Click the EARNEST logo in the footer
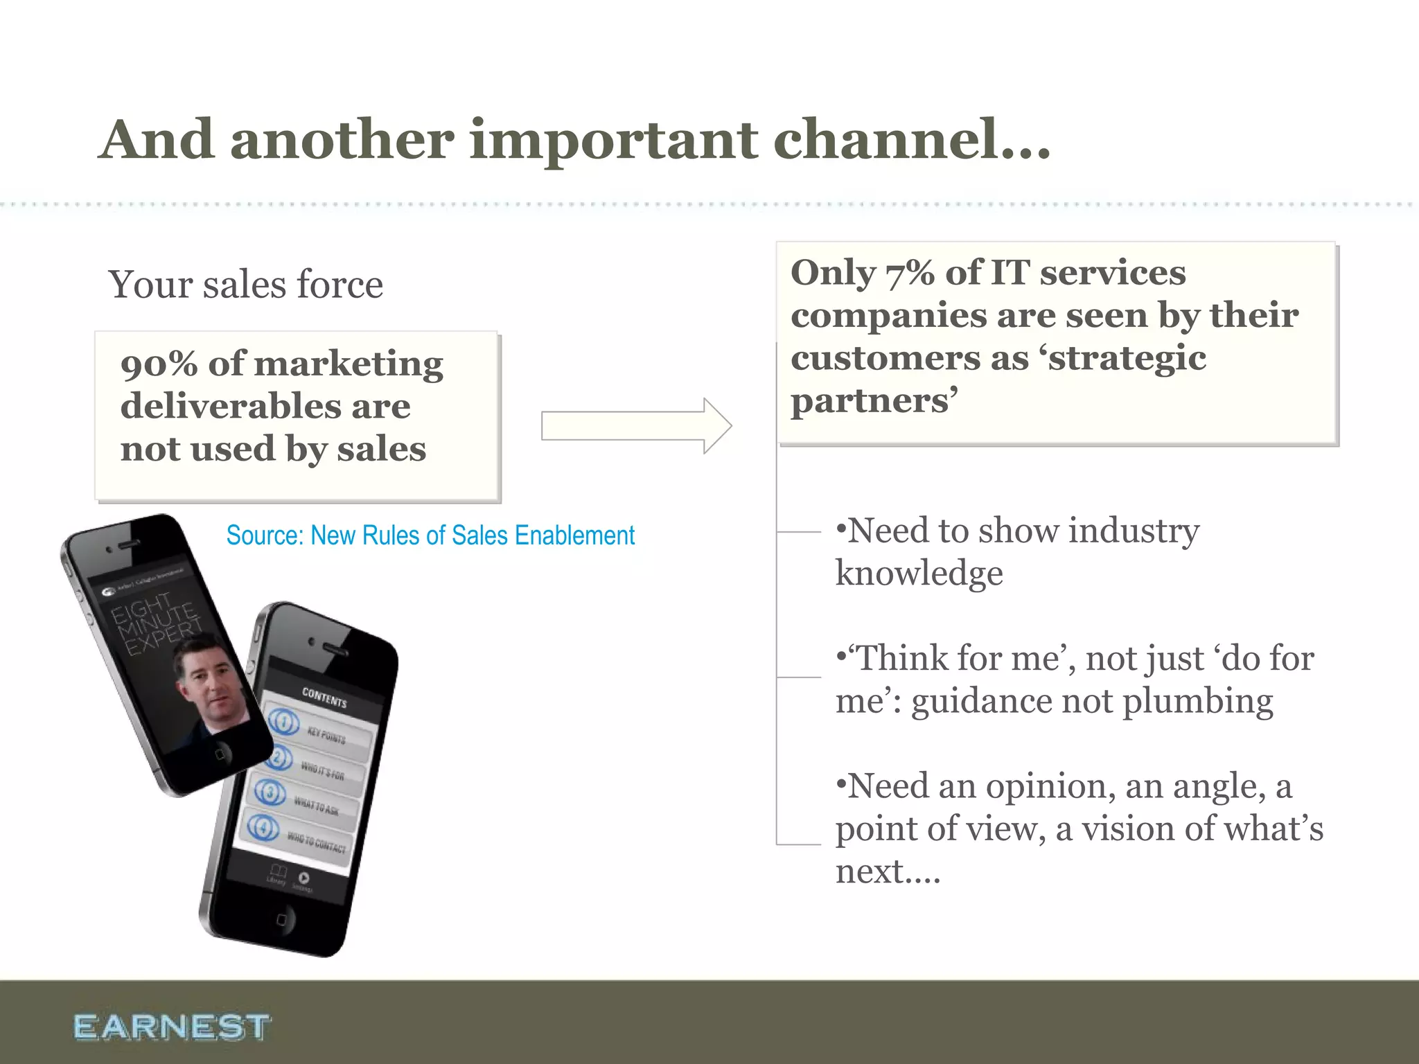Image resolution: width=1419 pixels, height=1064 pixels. pos(171,1027)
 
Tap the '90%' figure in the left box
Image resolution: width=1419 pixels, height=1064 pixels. pos(159,364)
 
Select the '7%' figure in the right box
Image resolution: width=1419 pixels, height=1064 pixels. pos(910,273)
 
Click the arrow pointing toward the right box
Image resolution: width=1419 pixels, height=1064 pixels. pos(635,425)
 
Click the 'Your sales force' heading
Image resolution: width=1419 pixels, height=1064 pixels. pos(245,285)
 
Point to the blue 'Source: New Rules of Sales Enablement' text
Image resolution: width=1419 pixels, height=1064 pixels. pos(430,535)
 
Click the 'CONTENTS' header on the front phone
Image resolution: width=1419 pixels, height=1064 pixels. pos(324,698)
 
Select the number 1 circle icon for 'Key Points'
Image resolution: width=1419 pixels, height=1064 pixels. pos(283,722)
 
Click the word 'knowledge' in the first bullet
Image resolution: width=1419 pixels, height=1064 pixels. pos(919,574)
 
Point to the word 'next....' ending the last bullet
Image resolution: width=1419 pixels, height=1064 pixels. pos(888,871)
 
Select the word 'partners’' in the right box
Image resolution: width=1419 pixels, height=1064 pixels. pos(874,401)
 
